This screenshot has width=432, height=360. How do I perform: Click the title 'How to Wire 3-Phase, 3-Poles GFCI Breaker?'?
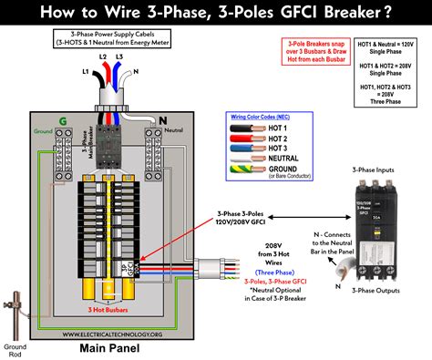[x=215, y=13]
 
